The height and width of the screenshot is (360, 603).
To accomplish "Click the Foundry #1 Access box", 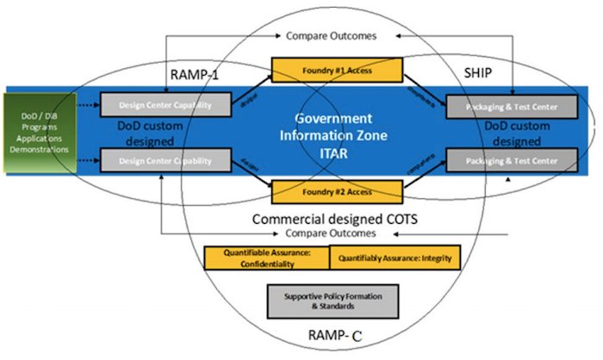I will (325, 70).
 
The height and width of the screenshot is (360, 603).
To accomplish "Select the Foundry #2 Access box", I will (325, 190).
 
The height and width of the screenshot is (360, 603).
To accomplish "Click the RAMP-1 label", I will (196, 75).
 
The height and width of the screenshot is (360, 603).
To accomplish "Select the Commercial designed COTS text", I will (333, 219).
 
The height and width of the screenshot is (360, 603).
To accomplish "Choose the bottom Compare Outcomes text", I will (333, 233).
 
